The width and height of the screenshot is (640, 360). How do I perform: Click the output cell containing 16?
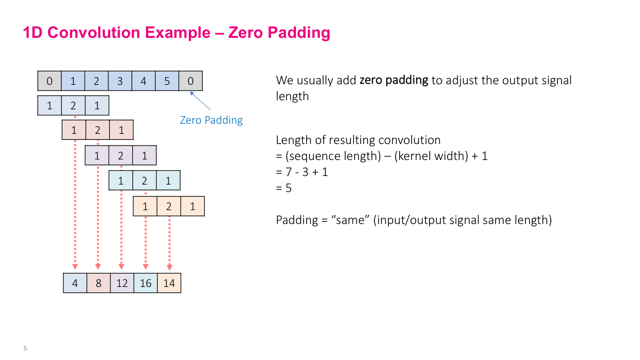pyautogui.click(x=146, y=283)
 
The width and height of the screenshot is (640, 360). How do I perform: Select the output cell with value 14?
pyautogui.click(x=169, y=283)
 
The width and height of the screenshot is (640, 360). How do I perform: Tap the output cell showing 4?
pyautogui.click(x=75, y=283)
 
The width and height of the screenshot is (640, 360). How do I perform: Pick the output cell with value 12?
pyautogui.click(x=122, y=283)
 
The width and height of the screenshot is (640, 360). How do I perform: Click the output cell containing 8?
pyautogui.click(x=99, y=283)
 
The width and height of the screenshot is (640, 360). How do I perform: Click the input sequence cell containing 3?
pyautogui.click(x=120, y=82)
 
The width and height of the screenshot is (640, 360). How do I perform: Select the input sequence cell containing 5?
pyautogui.click(x=167, y=82)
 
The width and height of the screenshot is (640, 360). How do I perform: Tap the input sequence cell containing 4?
pyautogui.click(x=143, y=82)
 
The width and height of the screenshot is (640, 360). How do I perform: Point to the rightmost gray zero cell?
pyautogui.click(x=190, y=82)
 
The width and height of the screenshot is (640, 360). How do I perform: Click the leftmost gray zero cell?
pyautogui.click(x=50, y=82)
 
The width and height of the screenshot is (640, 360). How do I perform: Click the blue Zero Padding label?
pyautogui.click(x=211, y=120)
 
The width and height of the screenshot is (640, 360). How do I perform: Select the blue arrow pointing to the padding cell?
pyautogui.click(x=201, y=101)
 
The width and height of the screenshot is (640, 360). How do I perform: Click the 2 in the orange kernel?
pyautogui.click(x=169, y=207)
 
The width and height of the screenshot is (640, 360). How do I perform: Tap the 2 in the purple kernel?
pyautogui.click(x=121, y=156)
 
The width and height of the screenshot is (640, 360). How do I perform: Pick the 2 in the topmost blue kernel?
pyautogui.click(x=73, y=106)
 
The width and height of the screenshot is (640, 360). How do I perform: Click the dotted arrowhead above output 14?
pyautogui.click(x=169, y=267)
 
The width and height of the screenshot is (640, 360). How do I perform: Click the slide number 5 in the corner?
pyautogui.click(x=25, y=349)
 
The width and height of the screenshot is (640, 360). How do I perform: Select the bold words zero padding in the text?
pyautogui.click(x=394, y=81)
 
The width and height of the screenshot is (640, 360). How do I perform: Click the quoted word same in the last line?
pyautogui.click(x=353, y=220)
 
